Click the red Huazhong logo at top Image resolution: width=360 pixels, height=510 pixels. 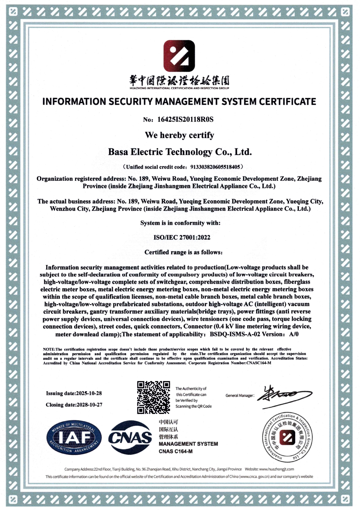[x=179, y=56]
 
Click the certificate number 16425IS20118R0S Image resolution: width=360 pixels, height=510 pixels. [x=185, y=120]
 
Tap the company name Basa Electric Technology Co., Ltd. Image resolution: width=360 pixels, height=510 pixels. [x=180, y=152]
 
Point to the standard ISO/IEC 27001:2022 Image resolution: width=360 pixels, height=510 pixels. [x=182, y=237]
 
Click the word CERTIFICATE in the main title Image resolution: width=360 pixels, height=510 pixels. [x=287, y=102]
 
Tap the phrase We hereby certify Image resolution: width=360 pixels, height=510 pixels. [x=179, y=135]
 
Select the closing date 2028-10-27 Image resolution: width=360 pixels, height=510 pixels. [x=89, y=405]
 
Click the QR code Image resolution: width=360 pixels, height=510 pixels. [x=153, y=397]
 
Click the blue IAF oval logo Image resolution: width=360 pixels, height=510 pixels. [x=74, y=438]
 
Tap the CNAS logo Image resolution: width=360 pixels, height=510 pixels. [x=130, y=438]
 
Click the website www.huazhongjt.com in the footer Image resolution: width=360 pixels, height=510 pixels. [x=276, y=469]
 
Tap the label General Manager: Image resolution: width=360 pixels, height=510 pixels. [x=240, y=395]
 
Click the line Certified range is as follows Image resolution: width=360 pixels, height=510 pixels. [x=183, y=252]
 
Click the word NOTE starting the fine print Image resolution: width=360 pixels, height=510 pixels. [x=49, y=349]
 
